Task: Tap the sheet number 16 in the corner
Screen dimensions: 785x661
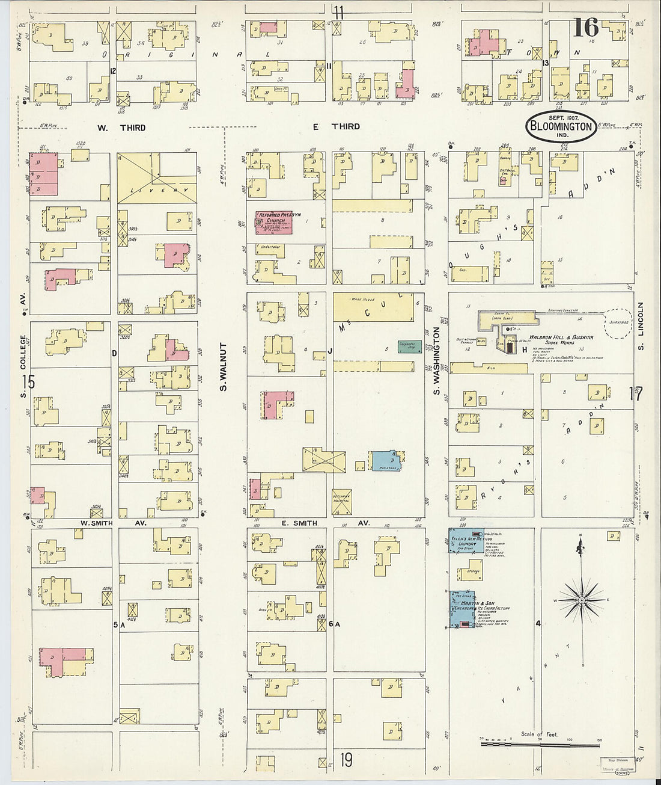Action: coord(585,28)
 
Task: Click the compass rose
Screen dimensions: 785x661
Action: coord(582,600)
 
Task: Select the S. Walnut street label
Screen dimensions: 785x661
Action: coord(222,368)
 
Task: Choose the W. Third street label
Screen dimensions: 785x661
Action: coord(120,128)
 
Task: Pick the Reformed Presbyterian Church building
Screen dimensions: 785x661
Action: coord(274,222)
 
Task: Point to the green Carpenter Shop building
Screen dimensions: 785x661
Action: coord(410,346)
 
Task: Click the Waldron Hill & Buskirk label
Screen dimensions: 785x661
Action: coord(561,337)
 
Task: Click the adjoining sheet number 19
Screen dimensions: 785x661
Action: coord(346,761)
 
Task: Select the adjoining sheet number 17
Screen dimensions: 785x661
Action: coord(635,394)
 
